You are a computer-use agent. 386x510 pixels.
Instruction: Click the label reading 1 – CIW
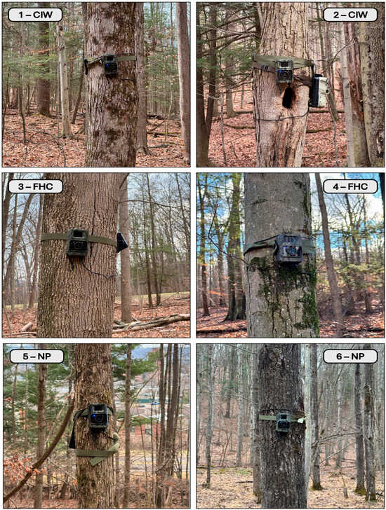point(35,15)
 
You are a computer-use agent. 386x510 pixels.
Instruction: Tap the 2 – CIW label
point(350,15)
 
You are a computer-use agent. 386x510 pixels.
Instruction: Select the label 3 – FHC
point(35,186)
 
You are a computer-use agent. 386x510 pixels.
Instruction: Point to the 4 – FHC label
point(350,186)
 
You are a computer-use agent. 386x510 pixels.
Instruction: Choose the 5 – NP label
point(36,357)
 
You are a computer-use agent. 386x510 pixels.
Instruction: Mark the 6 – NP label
point(350,357)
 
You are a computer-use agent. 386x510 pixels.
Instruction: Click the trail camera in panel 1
point(110,64)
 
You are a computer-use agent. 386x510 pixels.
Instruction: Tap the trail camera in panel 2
point(284,71)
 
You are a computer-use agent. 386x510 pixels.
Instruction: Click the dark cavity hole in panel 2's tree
point(288,97)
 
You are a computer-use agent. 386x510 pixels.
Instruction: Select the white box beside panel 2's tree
point(318,91)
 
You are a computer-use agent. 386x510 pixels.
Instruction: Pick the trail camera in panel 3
point(77,242)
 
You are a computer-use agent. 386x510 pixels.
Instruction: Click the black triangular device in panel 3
point(122,242)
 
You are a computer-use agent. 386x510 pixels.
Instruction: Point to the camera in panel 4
point(289,249)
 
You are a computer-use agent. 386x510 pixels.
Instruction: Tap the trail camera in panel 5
point(98,416)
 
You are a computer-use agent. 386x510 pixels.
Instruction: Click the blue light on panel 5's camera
point(93,415)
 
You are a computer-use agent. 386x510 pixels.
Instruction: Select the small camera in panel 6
point(283,422)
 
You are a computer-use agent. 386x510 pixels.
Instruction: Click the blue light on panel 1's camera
point(106,64)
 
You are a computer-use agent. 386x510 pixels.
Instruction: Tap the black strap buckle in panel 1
point(86,66)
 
